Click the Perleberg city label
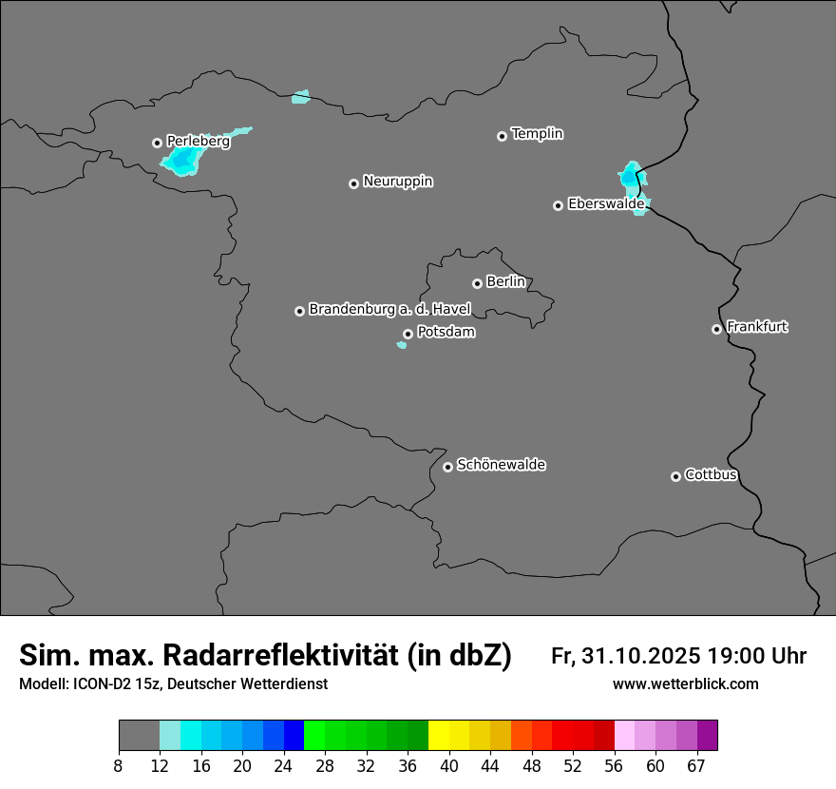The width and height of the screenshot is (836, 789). pos(198,141)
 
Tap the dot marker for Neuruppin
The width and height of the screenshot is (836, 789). pos(353,183)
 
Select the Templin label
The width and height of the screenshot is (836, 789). pos(537,134)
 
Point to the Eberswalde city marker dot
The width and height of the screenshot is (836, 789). pos(558,205)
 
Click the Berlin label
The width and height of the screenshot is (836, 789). pos(505,281)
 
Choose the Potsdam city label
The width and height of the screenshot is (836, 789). pos(446,333)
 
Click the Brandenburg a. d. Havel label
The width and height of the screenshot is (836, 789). pos(389,309)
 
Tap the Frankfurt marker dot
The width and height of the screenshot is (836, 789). pos(716,329)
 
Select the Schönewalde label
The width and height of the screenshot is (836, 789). pos(501,465)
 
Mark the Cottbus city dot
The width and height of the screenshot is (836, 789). pos(675,476)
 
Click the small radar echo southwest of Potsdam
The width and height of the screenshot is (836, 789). pos(402,345)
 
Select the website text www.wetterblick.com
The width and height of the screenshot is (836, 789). pos(685,683)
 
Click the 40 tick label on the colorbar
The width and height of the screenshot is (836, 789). pos(449,766)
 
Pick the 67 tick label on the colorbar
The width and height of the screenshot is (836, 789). pos(696,766)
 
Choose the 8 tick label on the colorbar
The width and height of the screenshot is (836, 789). pos(119,766)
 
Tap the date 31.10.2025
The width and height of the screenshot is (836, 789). pos(641,656)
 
